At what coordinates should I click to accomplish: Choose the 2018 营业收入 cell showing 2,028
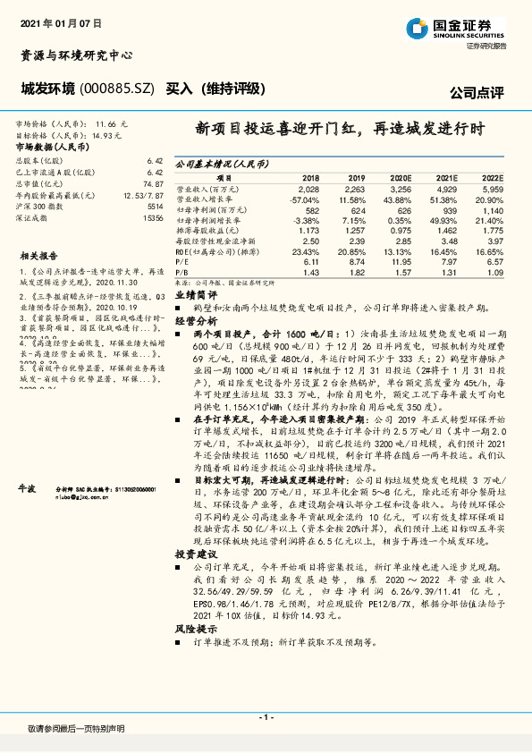point(308,190)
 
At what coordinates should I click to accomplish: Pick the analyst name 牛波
point(29,489)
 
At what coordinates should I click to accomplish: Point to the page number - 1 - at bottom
point(266,717)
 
